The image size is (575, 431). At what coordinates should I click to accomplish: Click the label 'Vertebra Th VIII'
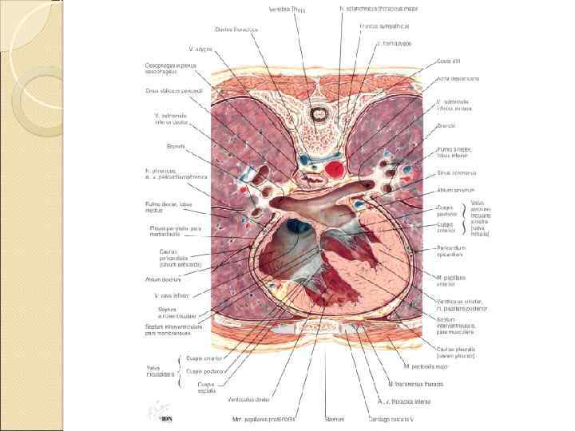click(287, 10)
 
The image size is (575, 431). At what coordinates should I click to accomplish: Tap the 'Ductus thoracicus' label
click(236, 29)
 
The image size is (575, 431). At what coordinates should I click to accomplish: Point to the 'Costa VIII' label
click(449, 61)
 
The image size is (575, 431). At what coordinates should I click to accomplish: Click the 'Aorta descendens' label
click(458, 79)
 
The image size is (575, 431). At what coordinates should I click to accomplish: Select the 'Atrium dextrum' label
click(163, 279)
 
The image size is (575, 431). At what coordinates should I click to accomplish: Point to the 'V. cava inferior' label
click(171, 295)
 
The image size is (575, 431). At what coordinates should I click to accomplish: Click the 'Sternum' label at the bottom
click(335, 417)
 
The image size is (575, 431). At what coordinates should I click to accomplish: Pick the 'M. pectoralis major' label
click(429, 366)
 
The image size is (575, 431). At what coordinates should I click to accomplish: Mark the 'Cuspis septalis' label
click(208, 387)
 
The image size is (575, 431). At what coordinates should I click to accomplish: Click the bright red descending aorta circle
click(336, 168)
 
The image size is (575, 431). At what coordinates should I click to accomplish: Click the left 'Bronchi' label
click(176, 146)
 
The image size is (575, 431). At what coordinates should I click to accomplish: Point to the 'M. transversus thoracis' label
click(414, 384)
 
